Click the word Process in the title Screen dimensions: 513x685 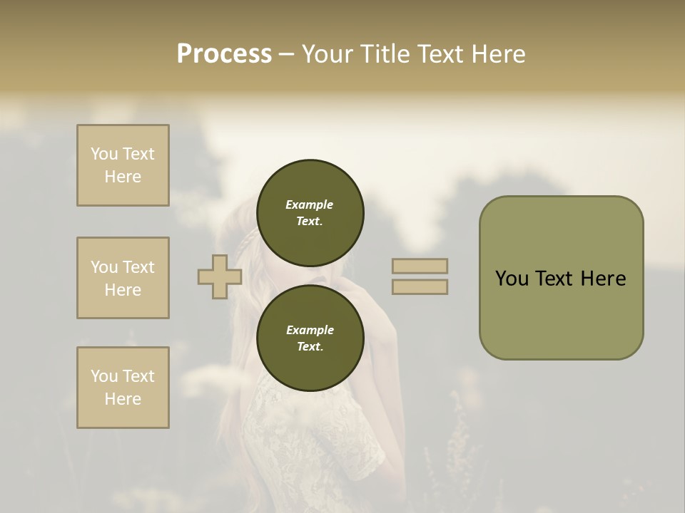224,54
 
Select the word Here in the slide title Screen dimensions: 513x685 495,54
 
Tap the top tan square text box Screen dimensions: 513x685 123,165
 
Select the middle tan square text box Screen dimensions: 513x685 123,278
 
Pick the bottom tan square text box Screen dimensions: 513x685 123,388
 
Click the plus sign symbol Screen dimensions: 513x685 220,276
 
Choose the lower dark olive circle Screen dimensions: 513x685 310,338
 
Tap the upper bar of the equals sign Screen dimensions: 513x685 420,266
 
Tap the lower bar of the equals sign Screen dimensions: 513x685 420,287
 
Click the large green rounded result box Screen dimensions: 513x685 561,278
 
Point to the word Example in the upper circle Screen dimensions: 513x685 310,204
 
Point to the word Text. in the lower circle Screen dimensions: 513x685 310,346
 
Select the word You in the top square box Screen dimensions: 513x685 104,154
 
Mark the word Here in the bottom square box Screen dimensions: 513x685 123,399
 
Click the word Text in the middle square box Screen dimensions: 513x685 138,267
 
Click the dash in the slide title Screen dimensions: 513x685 287,54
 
